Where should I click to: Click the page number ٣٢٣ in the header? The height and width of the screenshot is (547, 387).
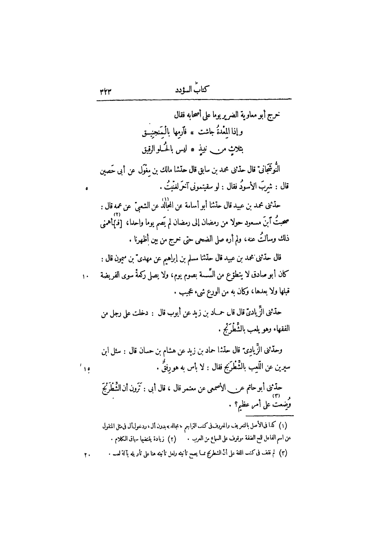(x=105, y=92)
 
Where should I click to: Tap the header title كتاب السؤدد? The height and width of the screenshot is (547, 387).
(x=192, y=90)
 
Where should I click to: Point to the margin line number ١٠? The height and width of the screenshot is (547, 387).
(x=85, y=277)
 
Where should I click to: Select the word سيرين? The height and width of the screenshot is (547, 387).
(x=282, y=368)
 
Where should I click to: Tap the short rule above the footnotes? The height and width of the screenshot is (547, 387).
(x=269, y=416)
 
